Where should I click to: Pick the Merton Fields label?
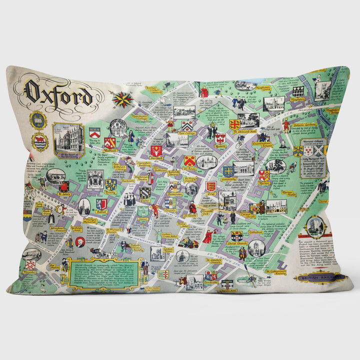[289, 193]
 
